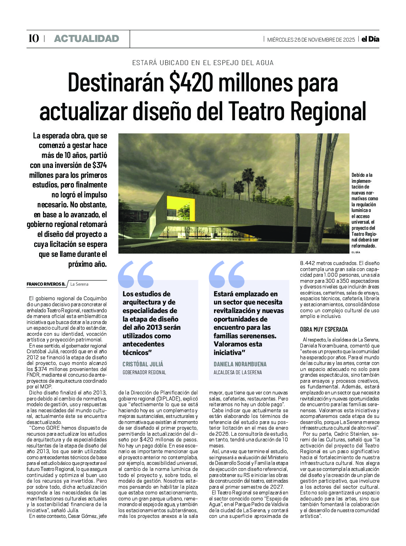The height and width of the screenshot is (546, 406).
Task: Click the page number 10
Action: (x=33, y=38)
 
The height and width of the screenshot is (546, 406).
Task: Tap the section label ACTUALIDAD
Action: (x=86, y=38)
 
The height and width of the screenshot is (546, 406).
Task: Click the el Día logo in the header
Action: (x=370, y=39)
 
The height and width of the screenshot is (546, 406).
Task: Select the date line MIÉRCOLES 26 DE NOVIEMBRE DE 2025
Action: (x=311, y=39)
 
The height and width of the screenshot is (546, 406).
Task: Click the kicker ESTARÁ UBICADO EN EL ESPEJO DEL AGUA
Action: (x=203, y=63)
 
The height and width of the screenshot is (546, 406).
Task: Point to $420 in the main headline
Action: (x=191, y=83)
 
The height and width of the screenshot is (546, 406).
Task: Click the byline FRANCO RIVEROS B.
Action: (x=46, y=284)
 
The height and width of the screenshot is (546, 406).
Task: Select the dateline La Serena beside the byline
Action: (x=79, y=284)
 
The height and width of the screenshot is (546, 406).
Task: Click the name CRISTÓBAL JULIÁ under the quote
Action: (x=143, y=364)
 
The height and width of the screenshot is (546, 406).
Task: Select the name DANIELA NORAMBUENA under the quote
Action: (x=240, y=364)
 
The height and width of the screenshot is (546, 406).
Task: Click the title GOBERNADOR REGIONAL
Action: (x=144, y=372)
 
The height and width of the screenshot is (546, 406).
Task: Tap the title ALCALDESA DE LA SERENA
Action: (x=237, y=372)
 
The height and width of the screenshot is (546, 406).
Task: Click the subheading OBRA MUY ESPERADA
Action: (x=324, y=329)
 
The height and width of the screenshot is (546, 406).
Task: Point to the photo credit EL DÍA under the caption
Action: (x=356, y=252)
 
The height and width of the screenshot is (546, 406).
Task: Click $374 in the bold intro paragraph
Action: (x=100, y=165)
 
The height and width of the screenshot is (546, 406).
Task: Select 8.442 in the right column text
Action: (x=308, y=263)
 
